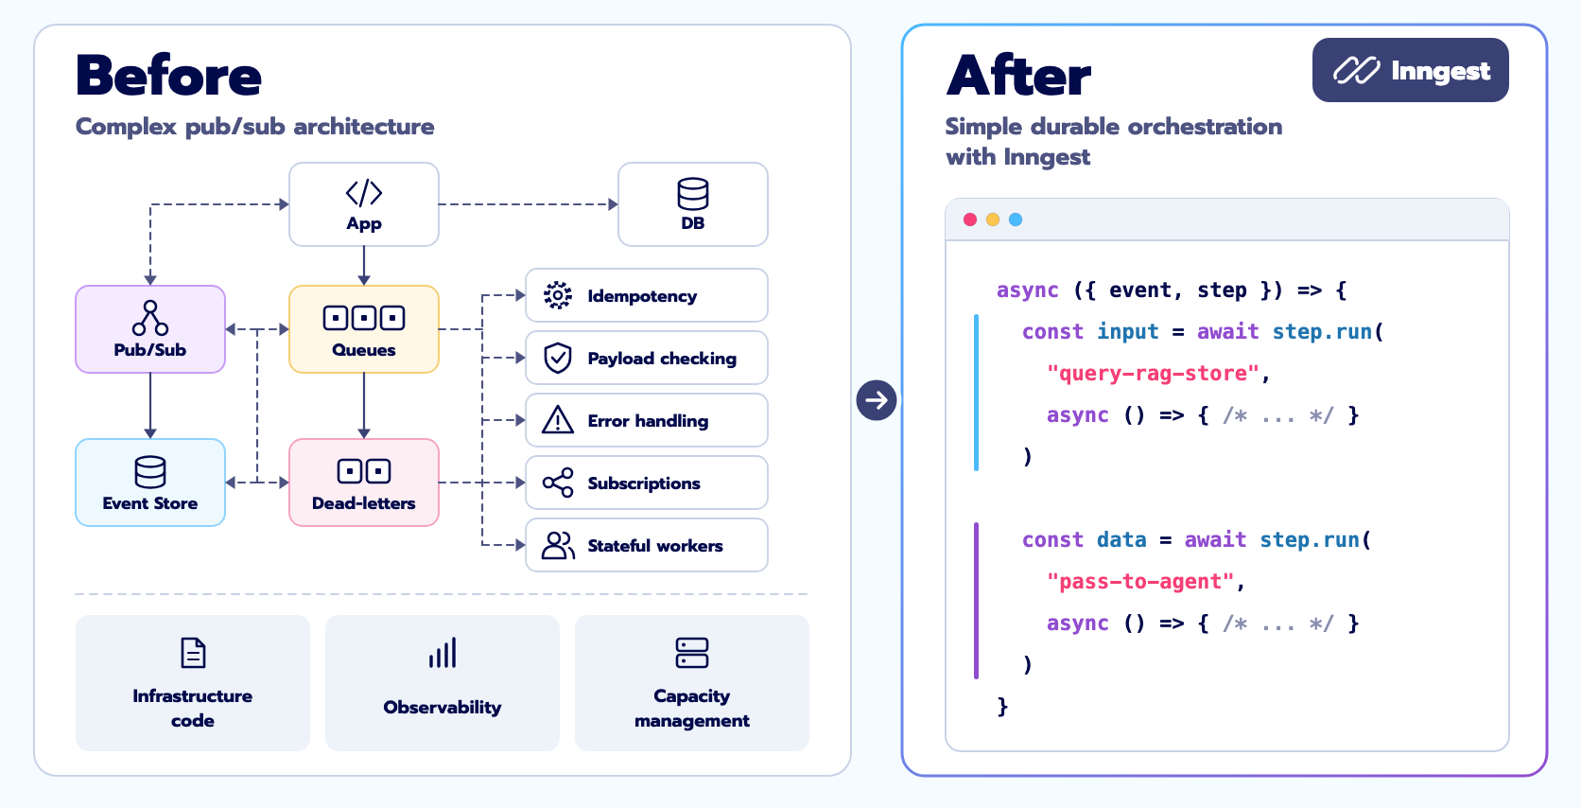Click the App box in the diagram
363,204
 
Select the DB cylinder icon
692,194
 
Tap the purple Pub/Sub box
150,329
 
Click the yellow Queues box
363,329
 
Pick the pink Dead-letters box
363,483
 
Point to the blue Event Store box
150,483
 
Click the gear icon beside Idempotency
558,295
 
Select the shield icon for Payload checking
558,358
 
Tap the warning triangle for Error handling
558,419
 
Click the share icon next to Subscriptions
558,483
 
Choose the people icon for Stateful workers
558,545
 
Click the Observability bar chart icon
443,653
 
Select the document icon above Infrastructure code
193,653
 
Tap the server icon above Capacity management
692,653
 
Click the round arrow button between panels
877,400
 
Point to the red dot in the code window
970,220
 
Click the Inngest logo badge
1410,70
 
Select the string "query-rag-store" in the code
1154,373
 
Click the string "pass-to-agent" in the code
1140,581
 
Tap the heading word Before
168,75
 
